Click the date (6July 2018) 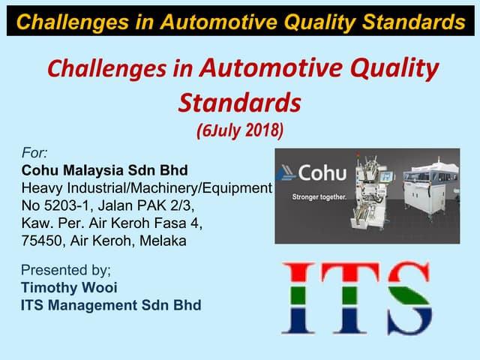point(239,130)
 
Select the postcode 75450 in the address point(43,241)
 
